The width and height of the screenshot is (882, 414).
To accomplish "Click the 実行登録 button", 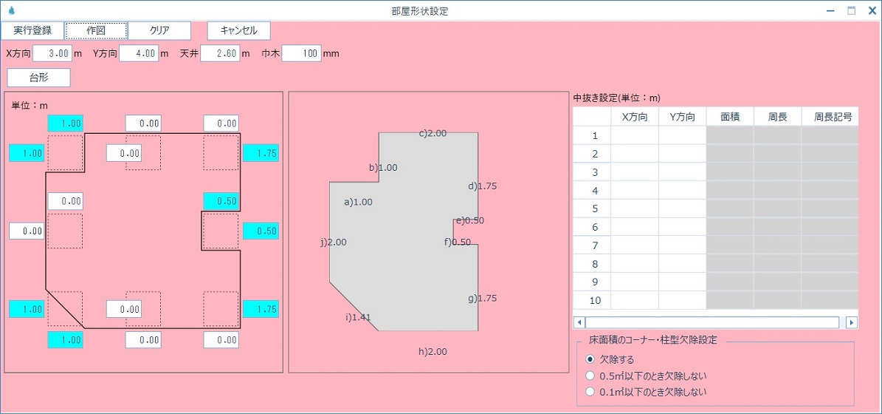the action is [x=32, y=30].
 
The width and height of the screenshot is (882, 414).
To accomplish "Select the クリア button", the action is [x=159, y=30].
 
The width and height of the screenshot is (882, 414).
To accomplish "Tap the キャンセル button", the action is [x=239, y=30].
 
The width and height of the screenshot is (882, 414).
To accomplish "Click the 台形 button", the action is [x=39, y=78].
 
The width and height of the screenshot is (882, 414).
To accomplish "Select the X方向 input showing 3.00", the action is [x=52, y=53].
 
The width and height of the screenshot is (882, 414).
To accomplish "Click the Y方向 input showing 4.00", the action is [x=139, y=53].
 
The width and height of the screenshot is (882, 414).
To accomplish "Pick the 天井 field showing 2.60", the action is [x=221, y=53].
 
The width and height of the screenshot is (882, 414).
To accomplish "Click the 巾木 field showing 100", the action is [x=301, y=53].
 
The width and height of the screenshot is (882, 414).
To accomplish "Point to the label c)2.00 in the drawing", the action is [x=433, y=134].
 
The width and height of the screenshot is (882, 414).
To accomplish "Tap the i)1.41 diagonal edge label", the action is [x=358, y=317].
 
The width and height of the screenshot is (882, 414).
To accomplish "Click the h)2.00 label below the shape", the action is [x=433, y=351].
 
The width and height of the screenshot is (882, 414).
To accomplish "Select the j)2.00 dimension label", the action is [x=334, y=242].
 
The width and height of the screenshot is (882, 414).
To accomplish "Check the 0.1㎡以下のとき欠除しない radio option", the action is [x=590, y=392].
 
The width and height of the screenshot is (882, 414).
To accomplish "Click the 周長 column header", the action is [x=777, y=117].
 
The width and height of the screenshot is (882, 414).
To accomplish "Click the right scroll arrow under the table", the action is [x=852, y=322].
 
